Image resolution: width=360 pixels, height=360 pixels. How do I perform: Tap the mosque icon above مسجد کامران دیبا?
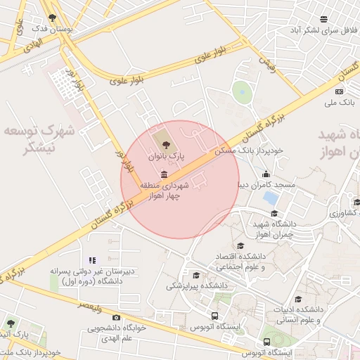point(266,174)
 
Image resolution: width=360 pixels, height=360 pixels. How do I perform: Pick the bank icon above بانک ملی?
point(340,91)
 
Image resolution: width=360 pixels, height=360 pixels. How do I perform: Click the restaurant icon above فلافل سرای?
point(323,19)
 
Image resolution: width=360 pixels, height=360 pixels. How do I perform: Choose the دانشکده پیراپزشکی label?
point(197,286)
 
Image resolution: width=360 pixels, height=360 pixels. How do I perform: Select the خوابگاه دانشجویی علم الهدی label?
point(117,333)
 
